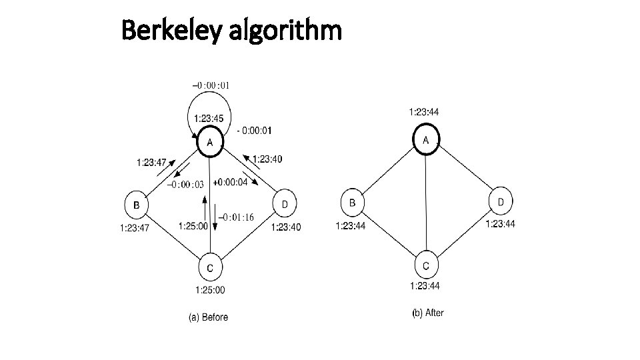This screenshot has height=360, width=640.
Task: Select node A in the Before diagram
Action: pyautogui.click(x=210, y=141)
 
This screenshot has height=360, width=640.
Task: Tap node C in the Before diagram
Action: pyautogui.click(x=210, y=268)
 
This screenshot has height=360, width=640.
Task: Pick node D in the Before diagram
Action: pyautogui.click(x=285, y=203)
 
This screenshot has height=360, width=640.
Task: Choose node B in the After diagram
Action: pyautogui.click(x=353, y=202)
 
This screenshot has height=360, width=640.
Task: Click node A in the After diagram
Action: pyautogui.click(x=426, y=139)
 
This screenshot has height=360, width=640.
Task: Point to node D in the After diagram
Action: pyautogui.click(x=501, y=201)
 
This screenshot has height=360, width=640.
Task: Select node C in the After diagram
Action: pyautogui.click(x=427, y=265)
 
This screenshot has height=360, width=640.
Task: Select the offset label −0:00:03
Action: pyautogui.click(x=186, y=185)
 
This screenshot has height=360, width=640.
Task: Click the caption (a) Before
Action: pyautogui.click(x=208, y=317)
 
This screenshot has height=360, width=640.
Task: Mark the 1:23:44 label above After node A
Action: pyautogui.click(x=424, y=112)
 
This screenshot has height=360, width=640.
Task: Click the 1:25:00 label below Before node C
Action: pyautogui.click(x=210, y=290)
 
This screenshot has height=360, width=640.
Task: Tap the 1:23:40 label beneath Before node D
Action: pyautogui.click(x=286, y=227)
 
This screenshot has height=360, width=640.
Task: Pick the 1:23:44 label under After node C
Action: pyautogui.click(x=426, y=287)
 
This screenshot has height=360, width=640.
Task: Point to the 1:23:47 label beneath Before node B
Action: pyautogui.click(x=135, y=228)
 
